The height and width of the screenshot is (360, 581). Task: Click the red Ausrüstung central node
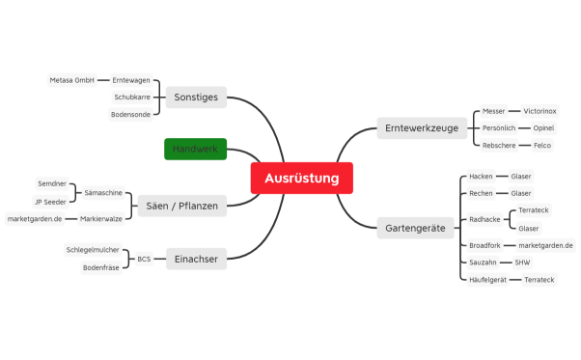pos(301,179)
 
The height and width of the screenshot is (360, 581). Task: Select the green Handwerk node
pos(195,149)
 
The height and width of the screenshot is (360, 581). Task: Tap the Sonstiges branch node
pos(196,97)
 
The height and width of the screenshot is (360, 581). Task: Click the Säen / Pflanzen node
pos(182,206)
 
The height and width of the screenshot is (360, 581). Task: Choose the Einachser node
pos(196,259)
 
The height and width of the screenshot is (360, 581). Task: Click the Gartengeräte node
pos(414,229)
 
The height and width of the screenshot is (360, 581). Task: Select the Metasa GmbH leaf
pos(71,80)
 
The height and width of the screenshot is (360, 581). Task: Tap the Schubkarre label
pos(132,97)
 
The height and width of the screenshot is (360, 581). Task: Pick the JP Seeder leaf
pos(49,202)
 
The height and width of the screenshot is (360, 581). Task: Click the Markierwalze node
pos(100,219)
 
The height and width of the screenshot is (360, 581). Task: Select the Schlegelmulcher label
pos(93,250)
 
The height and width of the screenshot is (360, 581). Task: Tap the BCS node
pos(144,259)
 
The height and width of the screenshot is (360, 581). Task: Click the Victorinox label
pos(539,111)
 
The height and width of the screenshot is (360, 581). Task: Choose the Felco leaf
pos(542,145)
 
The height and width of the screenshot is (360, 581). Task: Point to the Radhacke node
pos(484,220)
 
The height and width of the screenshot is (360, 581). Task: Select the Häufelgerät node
pos(487,280)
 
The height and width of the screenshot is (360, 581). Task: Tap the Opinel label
pos(542,128)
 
